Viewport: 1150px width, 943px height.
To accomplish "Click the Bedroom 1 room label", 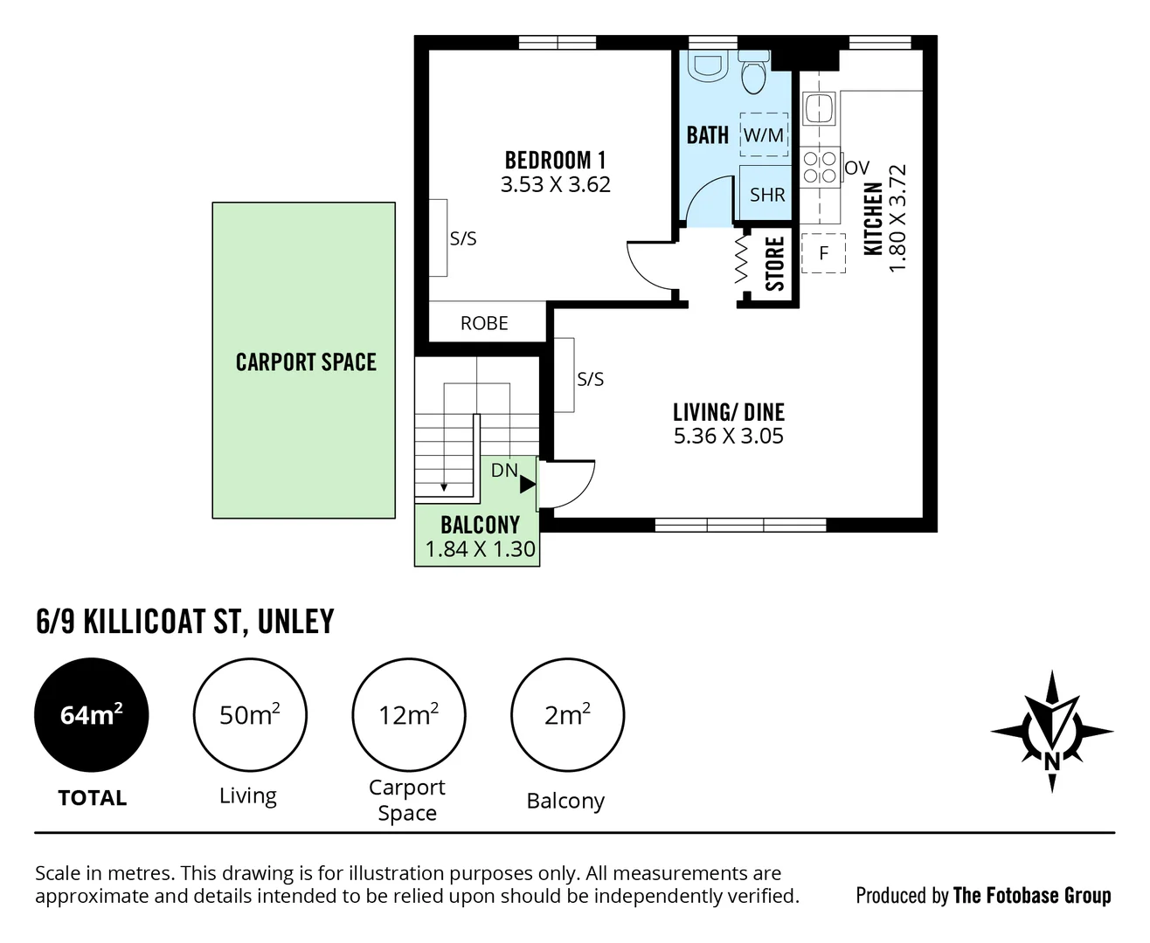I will coord(555,161).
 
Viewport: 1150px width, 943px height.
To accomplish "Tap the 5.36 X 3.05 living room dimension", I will coord(728,436).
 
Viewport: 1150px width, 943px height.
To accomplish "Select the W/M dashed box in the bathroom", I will coord(764,134).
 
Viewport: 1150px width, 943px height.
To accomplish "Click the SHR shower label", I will coord(766,195).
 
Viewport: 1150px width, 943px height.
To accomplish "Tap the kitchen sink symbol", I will coord(820,108).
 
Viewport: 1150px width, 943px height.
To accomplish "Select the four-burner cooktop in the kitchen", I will coord(820,167).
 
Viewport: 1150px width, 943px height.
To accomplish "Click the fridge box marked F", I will coord(823,253).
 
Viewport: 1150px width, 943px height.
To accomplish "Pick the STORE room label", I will coord(774,264).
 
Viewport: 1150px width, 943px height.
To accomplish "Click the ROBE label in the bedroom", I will coord(484,323).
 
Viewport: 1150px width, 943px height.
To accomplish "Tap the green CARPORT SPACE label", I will coord(305,362).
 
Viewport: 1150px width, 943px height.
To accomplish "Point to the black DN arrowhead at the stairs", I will coord(527,484).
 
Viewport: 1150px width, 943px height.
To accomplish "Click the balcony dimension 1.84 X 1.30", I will coord(480,549).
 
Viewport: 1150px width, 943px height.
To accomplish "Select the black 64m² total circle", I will coord(91,715).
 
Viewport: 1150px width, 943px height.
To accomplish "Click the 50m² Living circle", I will coord(250,715).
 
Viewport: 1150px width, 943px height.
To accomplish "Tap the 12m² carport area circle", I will coord(408,715).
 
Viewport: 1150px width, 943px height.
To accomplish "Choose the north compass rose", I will coord(1052,732).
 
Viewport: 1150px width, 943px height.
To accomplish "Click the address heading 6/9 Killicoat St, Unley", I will coord(185,622).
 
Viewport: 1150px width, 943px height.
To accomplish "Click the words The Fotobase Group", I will coord(1032,895).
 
